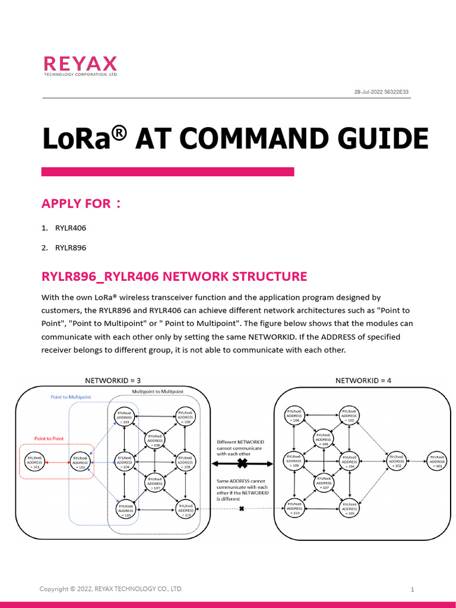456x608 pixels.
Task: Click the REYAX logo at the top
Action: pyautogui.click(x=80, y=66)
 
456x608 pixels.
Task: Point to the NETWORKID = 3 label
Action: pyautogui.click(x=113, y=380)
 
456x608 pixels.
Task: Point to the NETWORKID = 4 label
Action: pyautogui.click(x=363, y=380)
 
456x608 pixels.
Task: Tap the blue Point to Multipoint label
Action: pyautogui.click(x=71, y=397)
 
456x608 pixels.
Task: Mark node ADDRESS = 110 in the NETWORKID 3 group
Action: pyautogui.click(x=186, y=509)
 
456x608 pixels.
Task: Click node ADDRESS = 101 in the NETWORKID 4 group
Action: pyautogui.click(x=438, y=461)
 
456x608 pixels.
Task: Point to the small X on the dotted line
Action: pyautogui.click(x=242, y=508)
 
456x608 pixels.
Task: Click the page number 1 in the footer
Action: pyautogui.click(x=412, y=589)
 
